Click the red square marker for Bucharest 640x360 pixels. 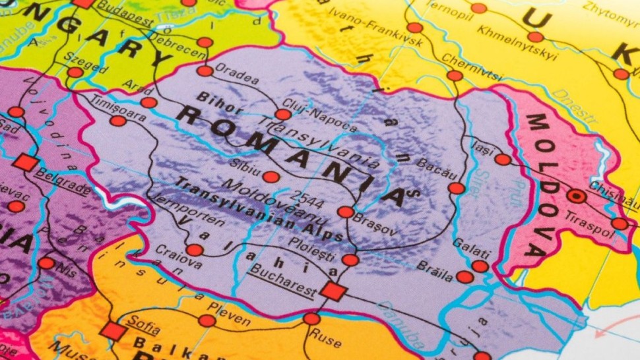click(x=333, y=291)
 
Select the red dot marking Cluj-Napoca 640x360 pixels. click(x=283, y=115)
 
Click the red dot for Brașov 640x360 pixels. click(x=346, y=212)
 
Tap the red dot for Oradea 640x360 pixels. click(x=205, y=71)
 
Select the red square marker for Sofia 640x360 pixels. click(x=113, y=331)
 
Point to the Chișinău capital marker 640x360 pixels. click(x=577, y=196)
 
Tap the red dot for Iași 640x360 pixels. click(x=503, y=159)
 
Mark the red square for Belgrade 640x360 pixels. click(x=25, y=162)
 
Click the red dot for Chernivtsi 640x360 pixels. click(x=455, y=76)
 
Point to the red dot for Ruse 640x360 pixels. click(x=311, y=319)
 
